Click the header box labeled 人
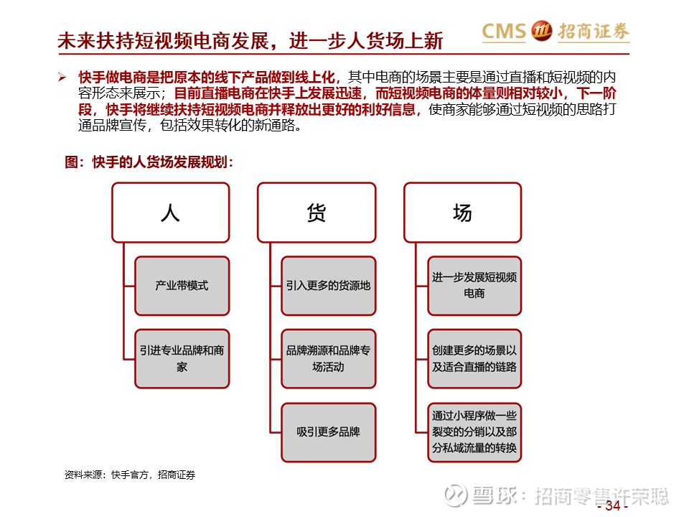171,213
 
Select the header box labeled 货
317,213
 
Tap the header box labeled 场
463,213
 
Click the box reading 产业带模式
182,287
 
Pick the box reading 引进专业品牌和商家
182,359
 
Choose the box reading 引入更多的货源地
329,287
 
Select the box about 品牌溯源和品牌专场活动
329,359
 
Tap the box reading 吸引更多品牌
329,432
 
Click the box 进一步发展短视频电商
474,287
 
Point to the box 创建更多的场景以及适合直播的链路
474,359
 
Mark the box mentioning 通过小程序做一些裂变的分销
474,432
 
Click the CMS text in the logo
504,31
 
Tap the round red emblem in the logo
541,31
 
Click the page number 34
612,506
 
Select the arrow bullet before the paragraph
62,78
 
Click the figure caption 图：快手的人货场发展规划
149,162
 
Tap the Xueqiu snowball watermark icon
456,495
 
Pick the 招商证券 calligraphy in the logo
594,31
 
